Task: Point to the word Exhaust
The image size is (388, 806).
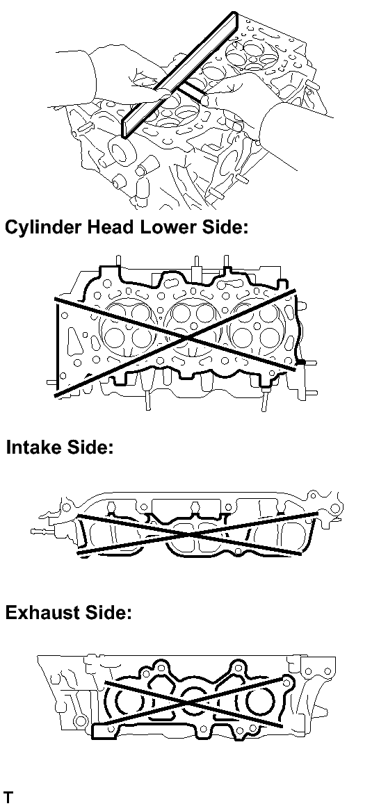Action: tap(43, 612)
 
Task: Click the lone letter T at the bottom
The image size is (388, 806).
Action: tap(8, 798)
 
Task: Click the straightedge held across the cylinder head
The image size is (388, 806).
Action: tap(179, 75)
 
